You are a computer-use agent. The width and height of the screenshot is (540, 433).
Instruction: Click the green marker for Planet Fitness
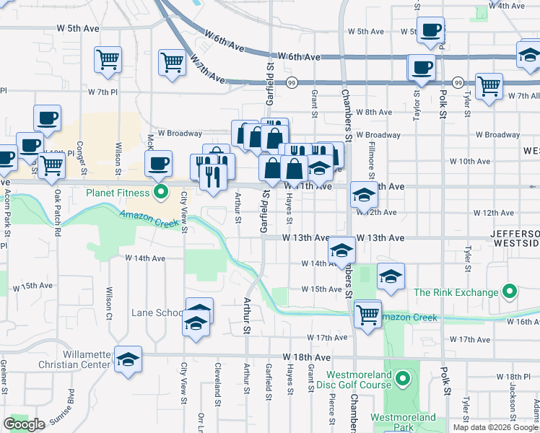(x=161, y=193)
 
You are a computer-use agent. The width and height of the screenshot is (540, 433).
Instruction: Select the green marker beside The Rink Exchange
(x=510, y=292)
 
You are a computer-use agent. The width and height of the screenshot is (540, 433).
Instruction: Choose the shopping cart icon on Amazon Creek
(x=368, y=314)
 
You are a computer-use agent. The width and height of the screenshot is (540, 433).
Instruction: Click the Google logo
(x=25, y=424)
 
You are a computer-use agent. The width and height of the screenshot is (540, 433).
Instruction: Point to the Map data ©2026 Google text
(x=495, y=427)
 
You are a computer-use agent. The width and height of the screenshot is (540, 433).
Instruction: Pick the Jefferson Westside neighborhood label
(x=515, y=239)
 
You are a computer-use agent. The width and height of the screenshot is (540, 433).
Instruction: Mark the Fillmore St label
(x=372, y=162)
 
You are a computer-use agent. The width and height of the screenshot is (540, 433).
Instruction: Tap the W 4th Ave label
(x=506, y=6)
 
